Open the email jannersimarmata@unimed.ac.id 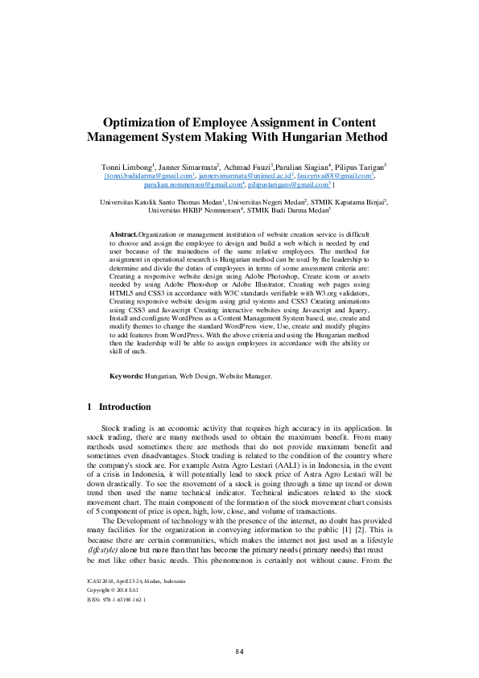click(x=239, y=175)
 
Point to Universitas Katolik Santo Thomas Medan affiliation click(x=154, y=202)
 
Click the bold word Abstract click(x=123, y=234)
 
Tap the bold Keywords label click(x=126, y=376)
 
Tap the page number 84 click(x=239, y=650)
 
